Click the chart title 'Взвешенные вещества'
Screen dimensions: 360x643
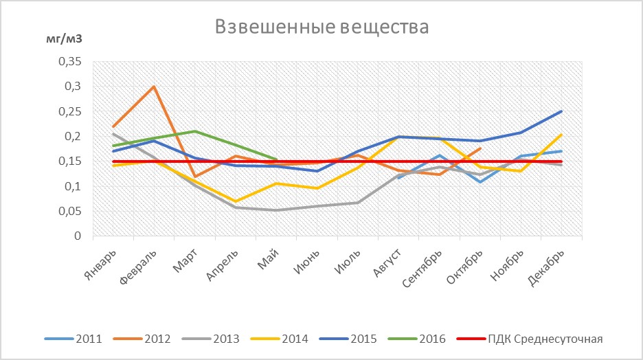coord(321,27)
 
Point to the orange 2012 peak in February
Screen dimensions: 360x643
coord(154,87)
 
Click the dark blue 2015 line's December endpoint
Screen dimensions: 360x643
coord(561,111)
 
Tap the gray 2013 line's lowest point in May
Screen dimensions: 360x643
coord(276,210)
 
